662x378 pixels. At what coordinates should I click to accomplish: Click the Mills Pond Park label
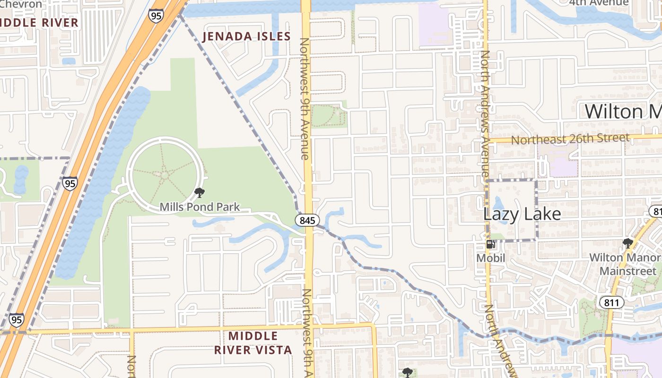(200, 207)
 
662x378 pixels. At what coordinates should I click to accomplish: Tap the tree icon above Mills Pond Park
(200, 192)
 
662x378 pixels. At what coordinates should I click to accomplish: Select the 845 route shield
(308, 220)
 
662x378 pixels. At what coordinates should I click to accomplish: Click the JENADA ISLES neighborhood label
(246, 36)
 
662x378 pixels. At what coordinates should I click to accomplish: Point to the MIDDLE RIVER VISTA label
(253, 343)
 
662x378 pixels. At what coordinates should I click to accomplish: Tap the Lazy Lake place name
(522, 214)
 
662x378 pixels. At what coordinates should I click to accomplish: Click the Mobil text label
(490, 258)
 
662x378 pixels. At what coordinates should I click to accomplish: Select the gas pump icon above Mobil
(490, 244)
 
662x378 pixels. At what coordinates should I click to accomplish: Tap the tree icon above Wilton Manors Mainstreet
(627, 244)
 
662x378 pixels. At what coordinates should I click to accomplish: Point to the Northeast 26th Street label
(570, 139)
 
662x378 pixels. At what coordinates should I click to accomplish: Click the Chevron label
(21, 4)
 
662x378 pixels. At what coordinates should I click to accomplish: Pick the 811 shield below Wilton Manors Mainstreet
(611, 302)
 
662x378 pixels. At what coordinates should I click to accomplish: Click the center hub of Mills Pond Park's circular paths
(165, 175)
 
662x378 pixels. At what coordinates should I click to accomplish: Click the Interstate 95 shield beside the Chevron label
(155, 16)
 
